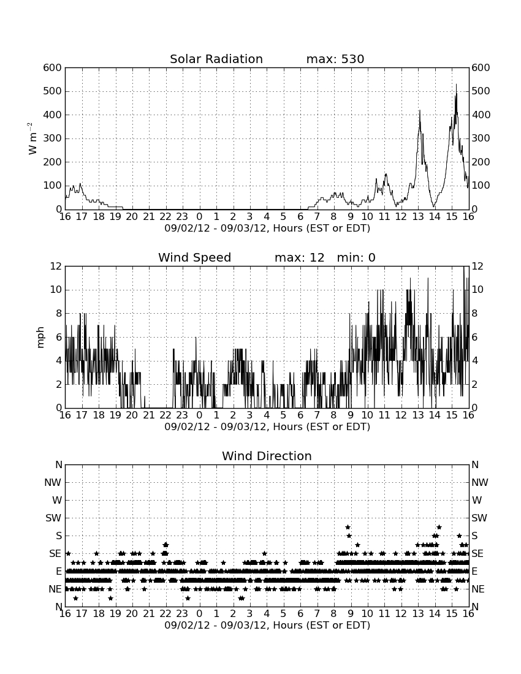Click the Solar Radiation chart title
click(216, 59)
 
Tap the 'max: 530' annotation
click(335, 59)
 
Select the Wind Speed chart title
click(195, 257)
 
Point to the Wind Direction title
click(267, 456)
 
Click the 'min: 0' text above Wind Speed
click(356, 257)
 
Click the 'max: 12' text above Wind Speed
click(300, 257)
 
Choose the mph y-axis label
click(40, 338)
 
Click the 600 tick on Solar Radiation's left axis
click(53, 68)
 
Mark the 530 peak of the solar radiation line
click(456, 85)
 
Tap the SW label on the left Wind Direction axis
click(53, 518)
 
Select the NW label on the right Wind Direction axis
click(480, 483)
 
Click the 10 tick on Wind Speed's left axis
click(56, 290)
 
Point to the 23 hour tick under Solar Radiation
click(182, 216)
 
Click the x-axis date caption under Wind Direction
click(267, 625)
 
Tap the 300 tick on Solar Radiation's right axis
click(481, 138)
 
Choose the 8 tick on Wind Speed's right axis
click(474, 313)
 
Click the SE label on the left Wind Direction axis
click(55, 554)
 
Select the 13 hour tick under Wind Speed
click(418, 415)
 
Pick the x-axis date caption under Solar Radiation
click(267, 229)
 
